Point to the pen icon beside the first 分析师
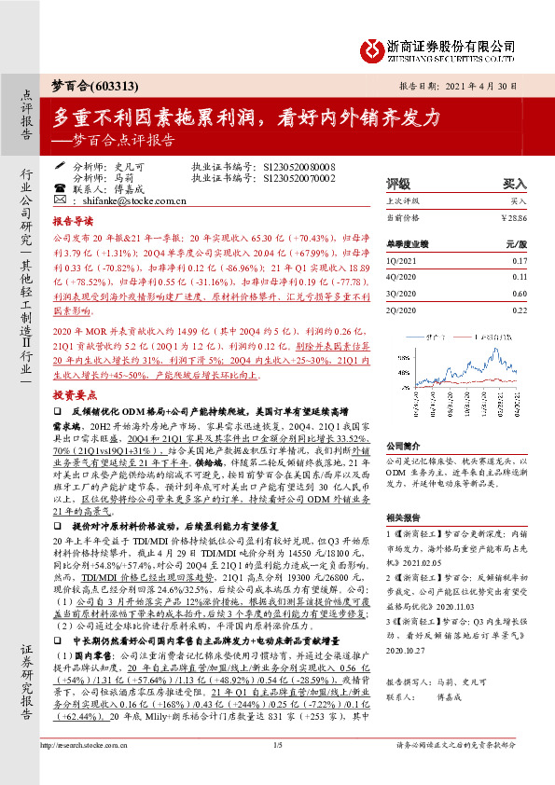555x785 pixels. point(62,165)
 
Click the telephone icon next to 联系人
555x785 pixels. point(62,187)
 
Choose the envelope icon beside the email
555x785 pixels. point(62,200)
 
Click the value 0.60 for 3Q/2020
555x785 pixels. point(520,294)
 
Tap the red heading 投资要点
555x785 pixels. point(73,394)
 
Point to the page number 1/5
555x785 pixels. point(277,771)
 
